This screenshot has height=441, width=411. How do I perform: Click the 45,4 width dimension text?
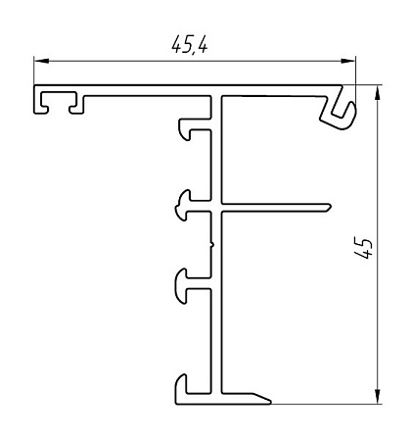click(x=189, y=46)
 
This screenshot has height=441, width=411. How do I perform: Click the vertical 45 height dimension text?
click(x=363, y=248)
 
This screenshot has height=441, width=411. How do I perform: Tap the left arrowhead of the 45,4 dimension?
click(x=41, y=61)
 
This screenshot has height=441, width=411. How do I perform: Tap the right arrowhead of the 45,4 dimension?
click(x=348, y=61)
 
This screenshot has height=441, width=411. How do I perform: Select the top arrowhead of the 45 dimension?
click(x=378, y=92)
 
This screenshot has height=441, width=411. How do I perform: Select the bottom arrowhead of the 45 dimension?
click(x=378, y=396)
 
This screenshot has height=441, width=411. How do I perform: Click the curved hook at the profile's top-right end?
click(x=342, y=115)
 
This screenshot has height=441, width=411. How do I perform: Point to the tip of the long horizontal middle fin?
click(x=331, y=207)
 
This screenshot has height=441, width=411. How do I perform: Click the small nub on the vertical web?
click(x=212, y=244)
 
